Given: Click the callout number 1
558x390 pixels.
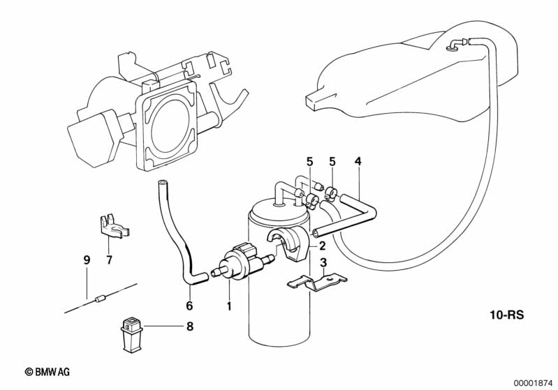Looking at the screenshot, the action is pos(229,306).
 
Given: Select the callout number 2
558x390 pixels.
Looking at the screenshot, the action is pos(323,246).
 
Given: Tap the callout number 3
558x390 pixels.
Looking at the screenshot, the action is pos(323,263).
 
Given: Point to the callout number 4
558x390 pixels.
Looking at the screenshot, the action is pos(358,161).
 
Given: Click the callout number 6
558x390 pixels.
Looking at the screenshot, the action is pos(189,306).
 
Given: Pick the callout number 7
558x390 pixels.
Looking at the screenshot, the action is pos(109,260).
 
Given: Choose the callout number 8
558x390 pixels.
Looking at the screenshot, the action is pos(190,327).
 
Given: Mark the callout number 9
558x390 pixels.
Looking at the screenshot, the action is pos(87,260).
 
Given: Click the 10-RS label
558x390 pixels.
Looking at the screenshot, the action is pos(507,315).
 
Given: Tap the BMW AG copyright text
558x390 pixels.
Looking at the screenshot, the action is pos(47,372).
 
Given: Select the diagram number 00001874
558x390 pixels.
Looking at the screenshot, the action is pos(534,383).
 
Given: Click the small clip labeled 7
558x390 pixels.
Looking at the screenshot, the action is pos(113,225).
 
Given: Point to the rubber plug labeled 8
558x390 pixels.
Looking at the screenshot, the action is pos(132,335).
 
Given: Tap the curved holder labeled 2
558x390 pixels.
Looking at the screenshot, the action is pos(288,244).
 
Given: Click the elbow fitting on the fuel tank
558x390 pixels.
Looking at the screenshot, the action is pos(454,44).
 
